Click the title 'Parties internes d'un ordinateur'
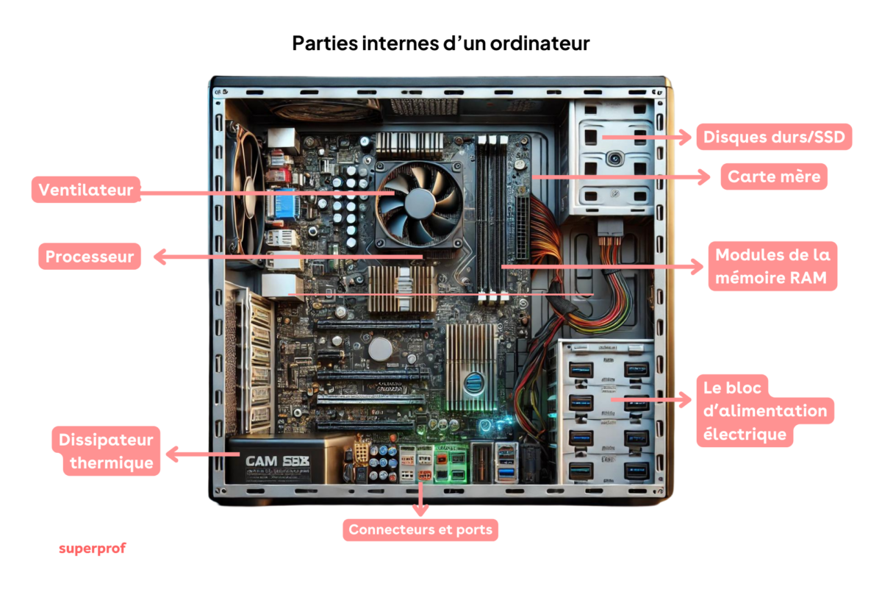coord(441,43)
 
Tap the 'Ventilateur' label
coord(86,190)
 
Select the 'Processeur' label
coord(89,257)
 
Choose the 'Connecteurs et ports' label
coord(420,529)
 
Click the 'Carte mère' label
coord(774,177)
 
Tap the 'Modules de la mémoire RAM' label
coord(772,266)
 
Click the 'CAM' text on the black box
coord(262,461)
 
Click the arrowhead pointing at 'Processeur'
coord(159,257)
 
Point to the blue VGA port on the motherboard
coord(285,205)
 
